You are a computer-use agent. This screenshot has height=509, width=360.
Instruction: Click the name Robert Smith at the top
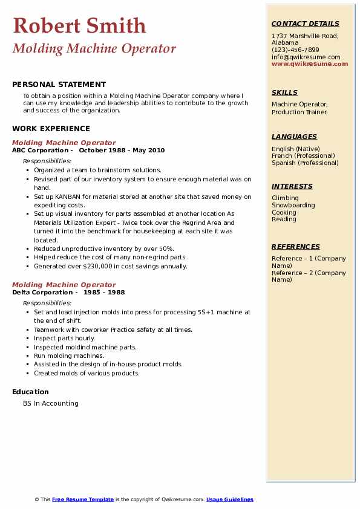click(79, 25)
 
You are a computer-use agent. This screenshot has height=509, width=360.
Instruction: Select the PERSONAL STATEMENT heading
click(59, 85)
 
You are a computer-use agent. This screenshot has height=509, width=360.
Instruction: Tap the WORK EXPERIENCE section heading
click(51, 128)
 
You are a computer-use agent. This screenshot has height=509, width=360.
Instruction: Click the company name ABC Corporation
click(41, 150)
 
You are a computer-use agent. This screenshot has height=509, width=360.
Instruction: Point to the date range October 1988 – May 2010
click(122, 150)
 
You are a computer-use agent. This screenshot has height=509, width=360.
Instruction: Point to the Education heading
click(30, 392)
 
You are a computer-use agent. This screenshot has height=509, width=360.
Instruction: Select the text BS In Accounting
click(51, 403)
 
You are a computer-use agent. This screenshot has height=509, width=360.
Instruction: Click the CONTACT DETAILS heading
click(305, 24)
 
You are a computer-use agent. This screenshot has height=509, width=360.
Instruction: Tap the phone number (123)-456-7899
click(295, 50)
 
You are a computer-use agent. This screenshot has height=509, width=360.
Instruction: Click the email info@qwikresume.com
click(306, 57)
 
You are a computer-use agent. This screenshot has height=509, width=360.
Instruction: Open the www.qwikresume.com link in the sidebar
click(310, 63)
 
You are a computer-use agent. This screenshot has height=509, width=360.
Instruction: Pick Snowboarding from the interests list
click(293, 205)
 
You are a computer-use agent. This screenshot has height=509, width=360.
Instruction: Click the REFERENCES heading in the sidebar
click(295, 247)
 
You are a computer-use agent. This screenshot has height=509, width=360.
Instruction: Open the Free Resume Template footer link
click(83, 499)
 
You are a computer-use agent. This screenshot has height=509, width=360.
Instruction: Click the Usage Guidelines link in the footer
click(229, 499)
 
